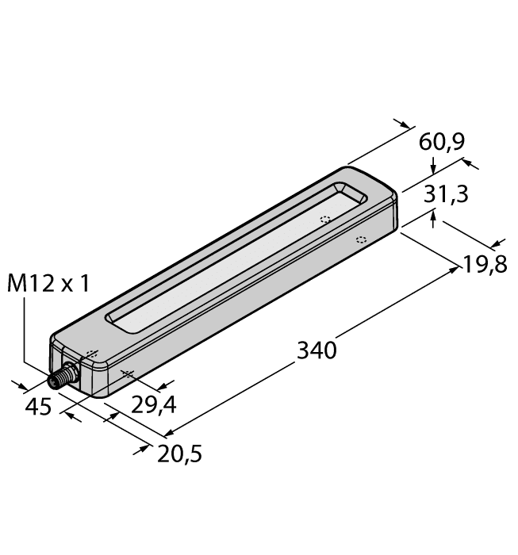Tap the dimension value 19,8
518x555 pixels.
(485, 263)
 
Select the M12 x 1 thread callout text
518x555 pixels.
(48, 283)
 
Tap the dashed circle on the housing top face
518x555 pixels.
(324, 220)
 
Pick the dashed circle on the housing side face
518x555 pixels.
(360, 239)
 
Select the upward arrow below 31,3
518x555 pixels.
(433, 216)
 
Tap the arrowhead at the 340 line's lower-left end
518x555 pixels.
(169, 433)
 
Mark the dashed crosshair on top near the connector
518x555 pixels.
(90, 354)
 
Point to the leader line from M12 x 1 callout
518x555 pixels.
(25, 333)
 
